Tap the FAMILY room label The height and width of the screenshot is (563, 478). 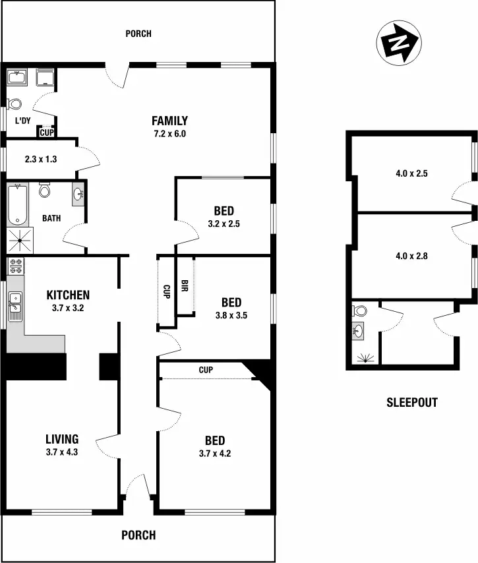point(169,121)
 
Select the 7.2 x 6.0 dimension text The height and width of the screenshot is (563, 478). point(169,134)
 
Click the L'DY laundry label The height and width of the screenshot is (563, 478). point(23,121)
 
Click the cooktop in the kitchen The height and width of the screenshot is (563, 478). point(15,268)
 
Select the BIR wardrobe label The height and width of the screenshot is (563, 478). point(185,287)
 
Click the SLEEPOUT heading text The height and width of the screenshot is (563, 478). point(411,402)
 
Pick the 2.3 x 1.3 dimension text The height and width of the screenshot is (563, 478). point(39,159)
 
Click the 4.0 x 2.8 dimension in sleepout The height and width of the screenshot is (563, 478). point(411,256)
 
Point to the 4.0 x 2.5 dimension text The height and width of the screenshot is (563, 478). point(411,175)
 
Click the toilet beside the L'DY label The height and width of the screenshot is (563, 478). point(14,104)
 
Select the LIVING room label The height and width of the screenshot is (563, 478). point(62,439)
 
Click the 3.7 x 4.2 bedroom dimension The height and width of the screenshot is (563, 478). point(214,454)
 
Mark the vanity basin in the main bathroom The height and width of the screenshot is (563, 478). point(78,194)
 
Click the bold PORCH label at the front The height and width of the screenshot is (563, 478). point(138,535)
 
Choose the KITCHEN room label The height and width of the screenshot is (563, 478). point(67,295)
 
